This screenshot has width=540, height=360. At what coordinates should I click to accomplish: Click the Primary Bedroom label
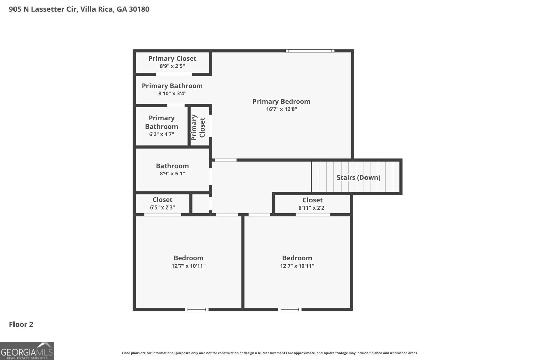click(x=281, y=101)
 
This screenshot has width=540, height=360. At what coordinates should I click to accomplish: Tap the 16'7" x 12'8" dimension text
click(x=281, y=109)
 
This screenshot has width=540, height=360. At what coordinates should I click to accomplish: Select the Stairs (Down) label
click(x=358, y=177)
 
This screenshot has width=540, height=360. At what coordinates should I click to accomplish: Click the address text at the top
click(x=79, y=9)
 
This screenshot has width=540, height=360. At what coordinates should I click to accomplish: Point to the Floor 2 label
click(x=21, y=324)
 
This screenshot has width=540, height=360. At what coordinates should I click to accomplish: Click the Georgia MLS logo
click(x=27, y=351)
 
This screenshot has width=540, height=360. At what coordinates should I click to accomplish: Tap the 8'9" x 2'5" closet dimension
click(x=172, y=66)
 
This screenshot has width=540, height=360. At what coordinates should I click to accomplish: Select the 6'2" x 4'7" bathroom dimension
click(x=161, y=134)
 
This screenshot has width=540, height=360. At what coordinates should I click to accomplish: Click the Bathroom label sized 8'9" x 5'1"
click(x=172, y=166)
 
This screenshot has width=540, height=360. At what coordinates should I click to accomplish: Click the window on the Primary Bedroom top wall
click(x=310, y=51)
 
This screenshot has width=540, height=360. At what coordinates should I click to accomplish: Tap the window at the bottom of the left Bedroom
click(x=196, y=309)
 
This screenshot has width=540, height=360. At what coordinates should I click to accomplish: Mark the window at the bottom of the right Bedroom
click(x=290, y=309)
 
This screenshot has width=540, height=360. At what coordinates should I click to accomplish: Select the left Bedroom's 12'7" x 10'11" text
click(x=188, y=266)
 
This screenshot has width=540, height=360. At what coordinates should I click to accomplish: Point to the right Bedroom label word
click(x=297, y=258)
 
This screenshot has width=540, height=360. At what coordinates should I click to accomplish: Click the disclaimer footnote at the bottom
click(x=270, y=353)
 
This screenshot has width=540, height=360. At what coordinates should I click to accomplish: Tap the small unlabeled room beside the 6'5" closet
click(x=201, y=204)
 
